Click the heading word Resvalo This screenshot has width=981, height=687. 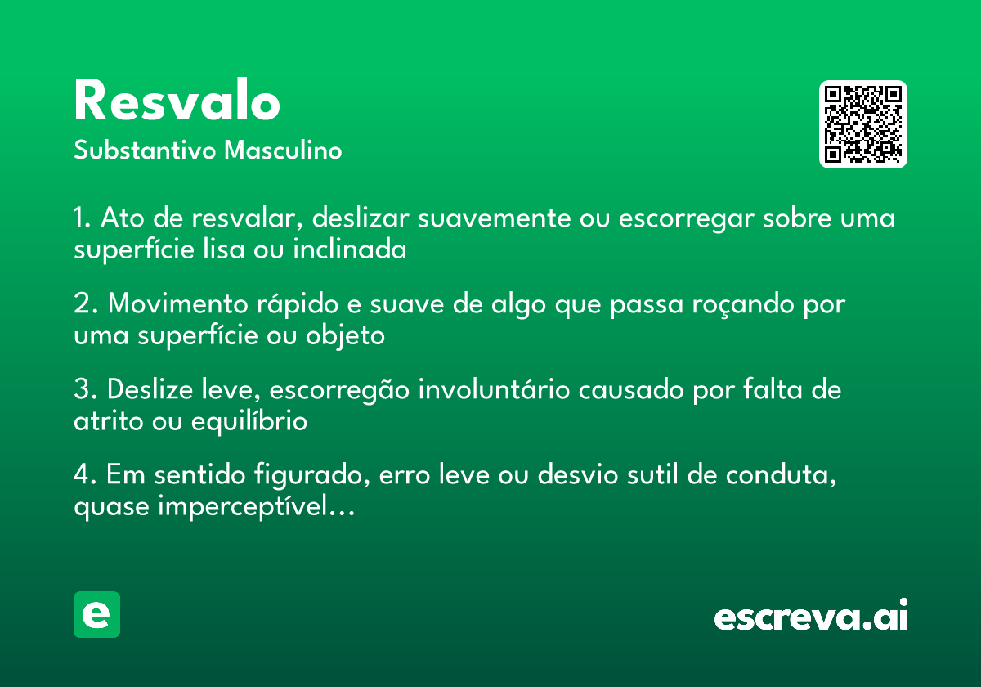point(177,103)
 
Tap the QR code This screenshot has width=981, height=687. point(863,124)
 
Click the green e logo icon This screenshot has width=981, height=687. point(96,614)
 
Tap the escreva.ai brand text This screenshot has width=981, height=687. point(811,617)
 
